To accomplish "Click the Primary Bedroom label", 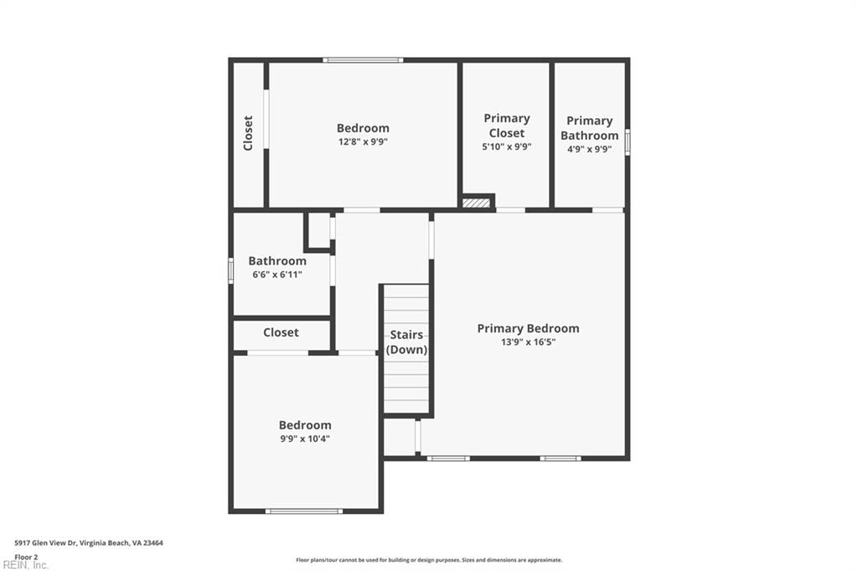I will click(x=528, y=328).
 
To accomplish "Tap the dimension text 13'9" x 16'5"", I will click(x=528, y=342).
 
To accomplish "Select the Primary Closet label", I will click(x=506, y=126).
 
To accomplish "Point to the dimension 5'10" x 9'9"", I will click(x=506, y=147).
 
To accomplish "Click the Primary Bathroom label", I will click(x=589, y=128).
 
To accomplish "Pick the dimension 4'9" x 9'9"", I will click(x=589, y=149).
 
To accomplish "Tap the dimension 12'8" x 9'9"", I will click(x=363, y=141).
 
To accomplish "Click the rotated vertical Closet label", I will click(x=248, y=133).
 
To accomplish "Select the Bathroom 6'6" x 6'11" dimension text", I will click(x=277, y=274).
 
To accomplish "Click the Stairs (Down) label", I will click(x=406, y=342).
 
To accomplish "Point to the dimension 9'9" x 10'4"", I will click(x=305, y=438).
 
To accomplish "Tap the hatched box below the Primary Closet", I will click(x=476, y=202).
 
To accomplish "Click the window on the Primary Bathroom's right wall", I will click(x=627, y=141).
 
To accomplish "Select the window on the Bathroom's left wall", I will click(x=231, y=270).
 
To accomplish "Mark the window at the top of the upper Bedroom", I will click(x=363, y=59).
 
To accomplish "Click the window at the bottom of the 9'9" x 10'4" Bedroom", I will click(x=303, y=511).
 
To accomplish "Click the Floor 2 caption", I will click(x=26, y=556).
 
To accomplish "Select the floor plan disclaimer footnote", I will click(x=428, y=560).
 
